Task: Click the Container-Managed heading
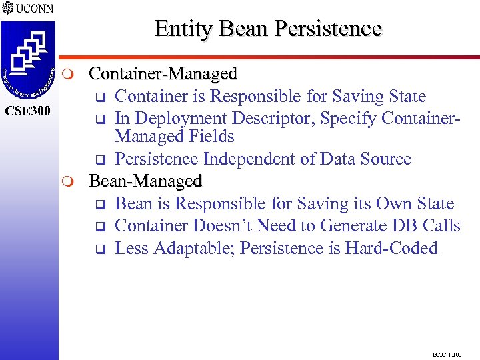click(x=163, y=73)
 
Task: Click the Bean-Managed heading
click(x=145, y=181)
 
